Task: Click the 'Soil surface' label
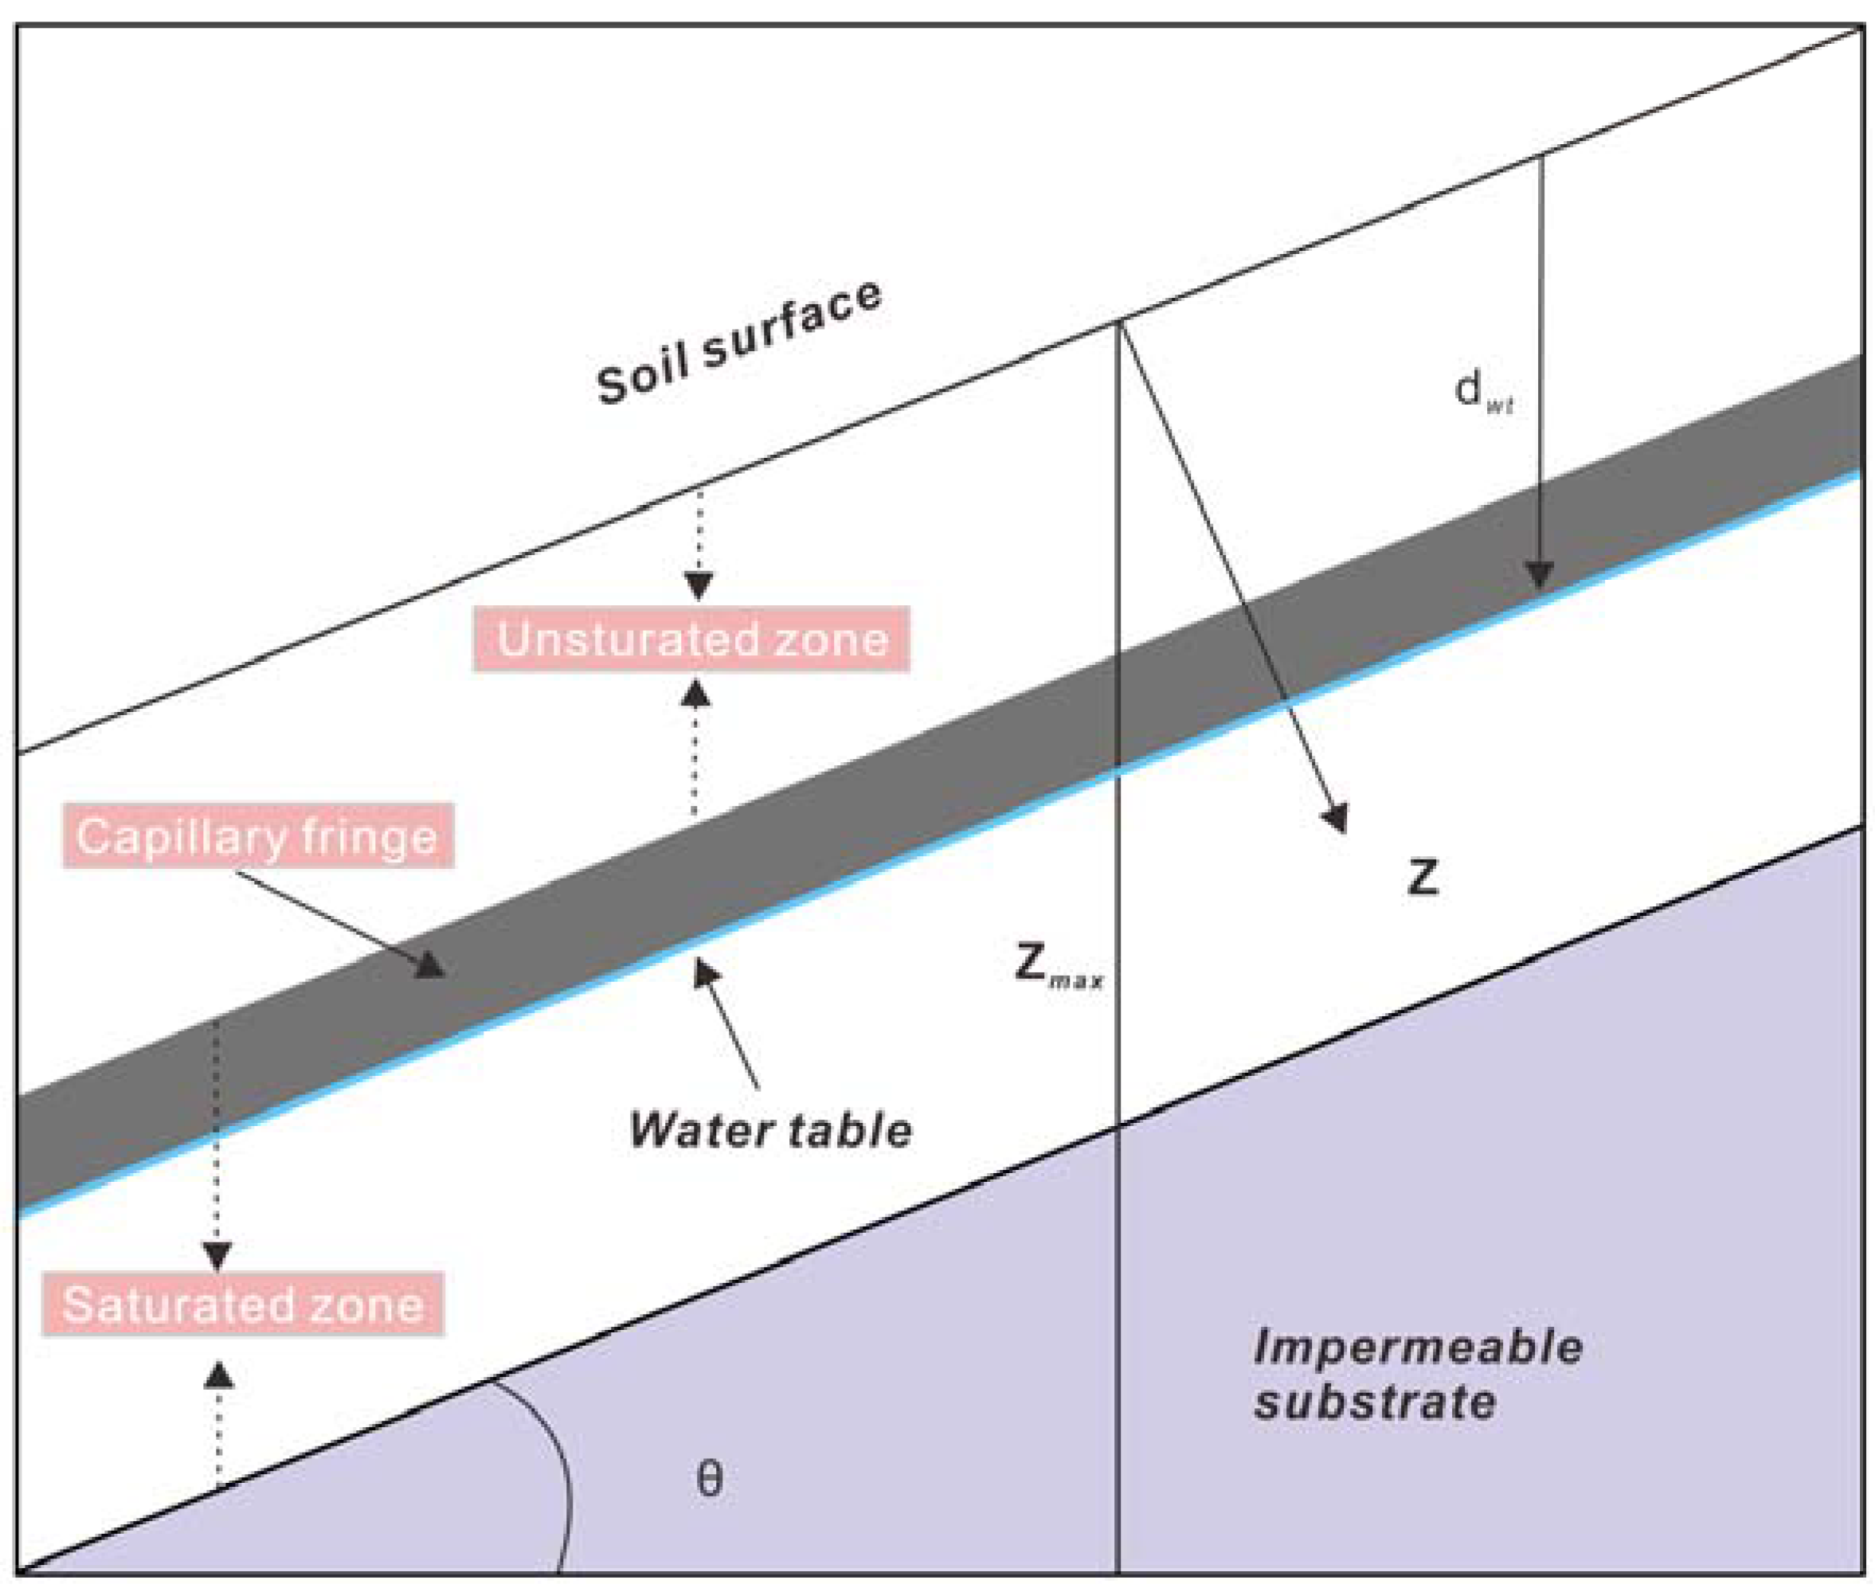pyautogui.click(x=738, y=343)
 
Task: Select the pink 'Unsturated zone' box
pyautogui.click(x=691, y=640)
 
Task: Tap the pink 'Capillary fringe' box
pyautogui.click(x=257, y=835)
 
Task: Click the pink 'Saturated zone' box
pyautogui.click(x=243, y=1304)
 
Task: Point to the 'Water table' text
pyautogui.click(x=769, y=1129)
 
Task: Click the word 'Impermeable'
pyautogui.click(x=1417, y=1347)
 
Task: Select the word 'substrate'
pyautogui.click(x=1375, y=1402)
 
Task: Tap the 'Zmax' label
pyautogui.click(x=1058, y=965)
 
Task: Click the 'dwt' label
pyautogui.click(x=1482, y=392)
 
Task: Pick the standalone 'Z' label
pyautogui.click(x=1423, y=877)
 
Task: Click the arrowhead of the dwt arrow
pyautogui.click(x=1539, y=574)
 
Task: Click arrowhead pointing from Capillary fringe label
pyautogui.click(x=430, y=966)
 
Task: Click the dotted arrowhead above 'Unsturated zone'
pyautogui.click(x=699, y=587)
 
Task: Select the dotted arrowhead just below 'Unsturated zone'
pyautogui.click(x=695, y=693)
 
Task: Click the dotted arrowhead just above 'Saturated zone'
pyautogui.click(x=217, y=1255)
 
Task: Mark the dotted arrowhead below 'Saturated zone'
pyautogui.click(x=219, y=1375)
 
